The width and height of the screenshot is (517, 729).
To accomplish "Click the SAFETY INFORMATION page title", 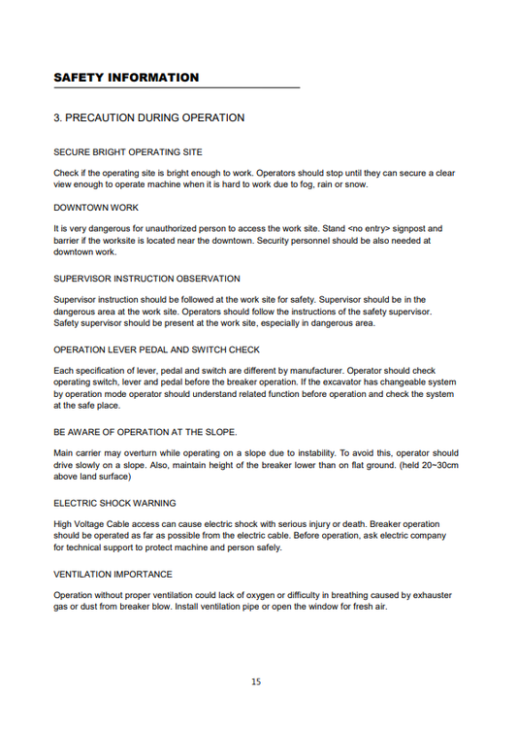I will pos(126,78).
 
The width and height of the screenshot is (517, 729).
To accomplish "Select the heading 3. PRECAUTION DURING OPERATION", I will pos(148,118).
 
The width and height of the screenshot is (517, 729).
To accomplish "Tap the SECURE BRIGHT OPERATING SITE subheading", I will pos(128,152).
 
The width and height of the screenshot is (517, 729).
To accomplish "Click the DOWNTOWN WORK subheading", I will pos(96,208).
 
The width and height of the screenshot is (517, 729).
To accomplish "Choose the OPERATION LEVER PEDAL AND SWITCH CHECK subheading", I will pos(156,348).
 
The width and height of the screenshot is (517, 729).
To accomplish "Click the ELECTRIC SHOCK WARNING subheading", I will pos(114,503).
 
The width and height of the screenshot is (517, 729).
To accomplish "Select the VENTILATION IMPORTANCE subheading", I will pos(113,574).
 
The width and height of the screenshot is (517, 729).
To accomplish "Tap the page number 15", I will pos(256,681).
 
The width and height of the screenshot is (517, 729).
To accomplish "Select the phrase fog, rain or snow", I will pos(339,183).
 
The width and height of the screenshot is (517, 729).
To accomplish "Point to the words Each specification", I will pos(94,371).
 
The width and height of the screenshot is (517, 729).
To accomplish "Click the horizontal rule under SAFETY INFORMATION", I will pos(177,88).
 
